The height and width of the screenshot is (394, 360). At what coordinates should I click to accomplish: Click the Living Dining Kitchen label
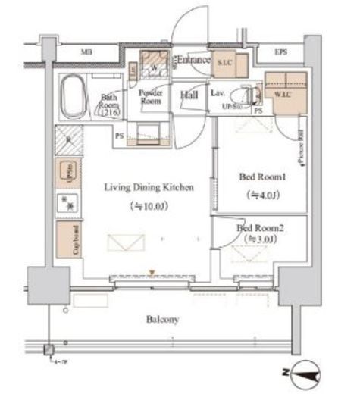pos(144,186)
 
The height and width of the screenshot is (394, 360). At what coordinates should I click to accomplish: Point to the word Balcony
pos(162,320)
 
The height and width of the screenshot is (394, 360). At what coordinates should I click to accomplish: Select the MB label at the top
pos(86,52)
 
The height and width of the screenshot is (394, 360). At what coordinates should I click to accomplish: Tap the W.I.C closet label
pos(286,95)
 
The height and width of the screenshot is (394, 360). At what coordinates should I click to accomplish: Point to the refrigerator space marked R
pos(67,141)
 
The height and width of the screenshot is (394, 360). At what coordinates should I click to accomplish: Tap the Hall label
pos(189,95)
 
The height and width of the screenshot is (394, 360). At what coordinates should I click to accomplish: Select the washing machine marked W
pos(155,65)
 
